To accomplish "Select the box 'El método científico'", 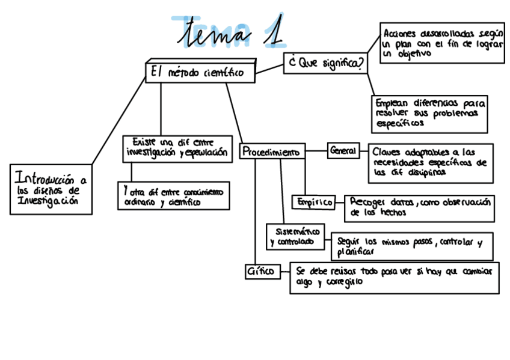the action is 200,72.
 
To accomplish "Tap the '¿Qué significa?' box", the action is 325,63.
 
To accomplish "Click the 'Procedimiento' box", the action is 272,152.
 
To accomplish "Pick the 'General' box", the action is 343,150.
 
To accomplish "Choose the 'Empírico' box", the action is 313,203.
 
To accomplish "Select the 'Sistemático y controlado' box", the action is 295,236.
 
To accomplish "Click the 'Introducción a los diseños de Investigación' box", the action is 51,189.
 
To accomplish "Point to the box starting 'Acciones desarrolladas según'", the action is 443,43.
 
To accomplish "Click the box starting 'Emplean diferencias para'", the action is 429,113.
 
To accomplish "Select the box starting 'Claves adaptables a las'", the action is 431,162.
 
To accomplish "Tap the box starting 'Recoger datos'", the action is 419,207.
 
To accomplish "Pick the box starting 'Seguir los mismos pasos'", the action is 411,246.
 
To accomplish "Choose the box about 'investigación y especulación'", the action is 177,148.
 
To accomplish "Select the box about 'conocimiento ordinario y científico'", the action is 174,196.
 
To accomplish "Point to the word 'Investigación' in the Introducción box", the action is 48,202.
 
